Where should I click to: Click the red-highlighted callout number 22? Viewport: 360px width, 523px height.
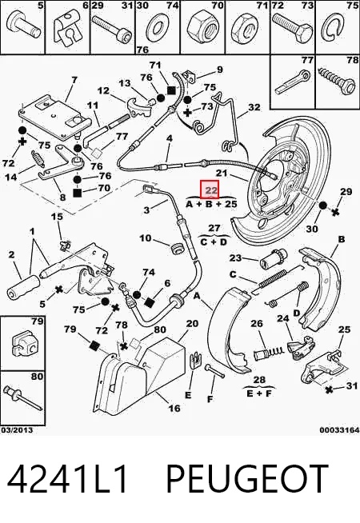[x=209, y=190]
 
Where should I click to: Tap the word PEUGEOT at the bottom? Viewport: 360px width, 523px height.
[x=246, y=479]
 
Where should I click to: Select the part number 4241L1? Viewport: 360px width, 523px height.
[x=67, y=479]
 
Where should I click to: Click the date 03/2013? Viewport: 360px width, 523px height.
[x=17, y=430]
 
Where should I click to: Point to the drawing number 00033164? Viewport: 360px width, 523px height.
[x=339, y=430]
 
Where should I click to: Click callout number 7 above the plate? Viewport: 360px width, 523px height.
[x=74, y=80]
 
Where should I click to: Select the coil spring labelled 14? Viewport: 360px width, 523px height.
[x=38, y=158]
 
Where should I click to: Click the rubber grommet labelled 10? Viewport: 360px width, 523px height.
[x=177, y=250]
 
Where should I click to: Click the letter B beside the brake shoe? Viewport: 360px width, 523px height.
[x=342, y=239]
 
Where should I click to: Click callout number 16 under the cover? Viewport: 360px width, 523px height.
[x=174, y=408]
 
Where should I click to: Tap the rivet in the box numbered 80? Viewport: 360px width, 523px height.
[x=23, y=398]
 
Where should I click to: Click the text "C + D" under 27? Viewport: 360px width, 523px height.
[x=214, y=242]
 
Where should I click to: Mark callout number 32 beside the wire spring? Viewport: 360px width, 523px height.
[x=254, y=107]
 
